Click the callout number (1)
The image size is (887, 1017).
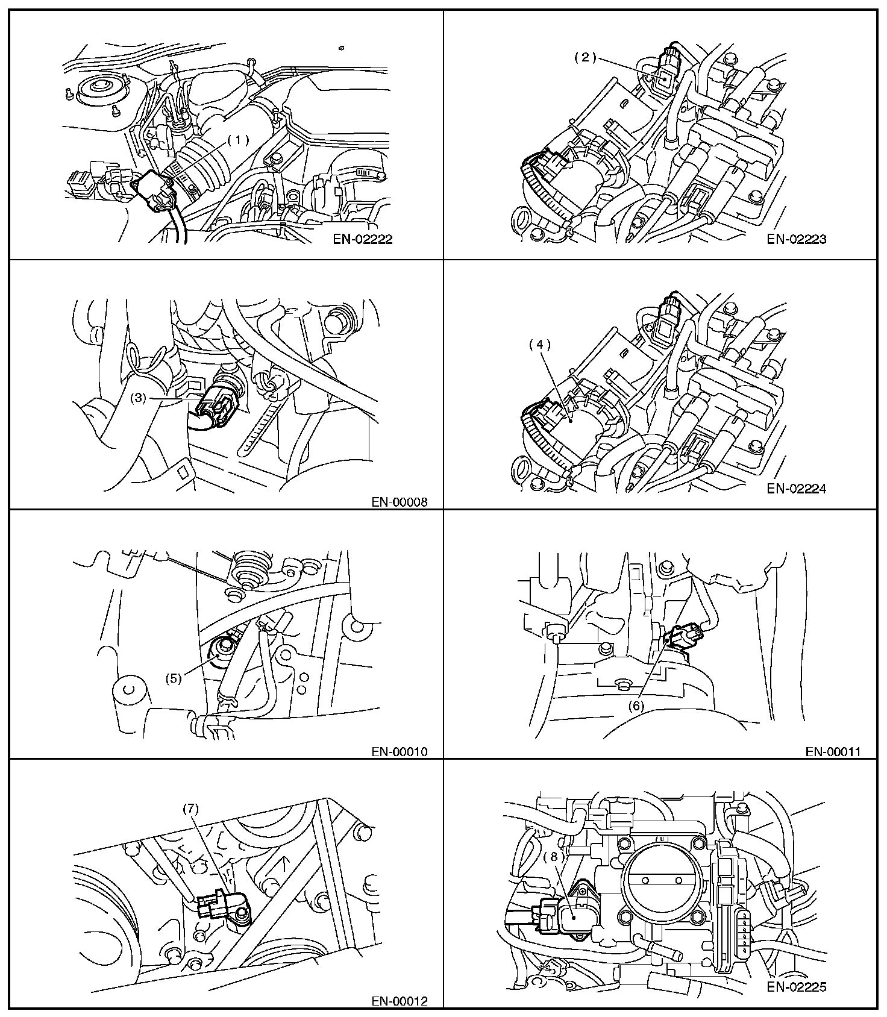point(238,140)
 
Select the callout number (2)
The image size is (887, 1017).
point(585,58)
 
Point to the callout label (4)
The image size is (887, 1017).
point(540,345)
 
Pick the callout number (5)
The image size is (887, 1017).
point(174,678)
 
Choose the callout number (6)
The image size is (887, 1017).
point(637,706)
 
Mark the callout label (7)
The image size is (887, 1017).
point(191,809)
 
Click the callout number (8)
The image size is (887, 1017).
point(555,856)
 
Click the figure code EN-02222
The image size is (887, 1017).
point(363,239)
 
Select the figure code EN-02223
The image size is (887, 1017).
point(797,239)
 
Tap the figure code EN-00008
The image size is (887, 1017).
point(399,501)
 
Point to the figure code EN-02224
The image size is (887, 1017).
point(797,489)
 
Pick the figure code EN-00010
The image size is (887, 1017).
point(399,751)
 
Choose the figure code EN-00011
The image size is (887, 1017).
point(833,751)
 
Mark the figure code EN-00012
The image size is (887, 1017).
point(399,1001)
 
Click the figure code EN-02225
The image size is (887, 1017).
point(797,987)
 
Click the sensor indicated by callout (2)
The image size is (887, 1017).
point(665,78)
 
